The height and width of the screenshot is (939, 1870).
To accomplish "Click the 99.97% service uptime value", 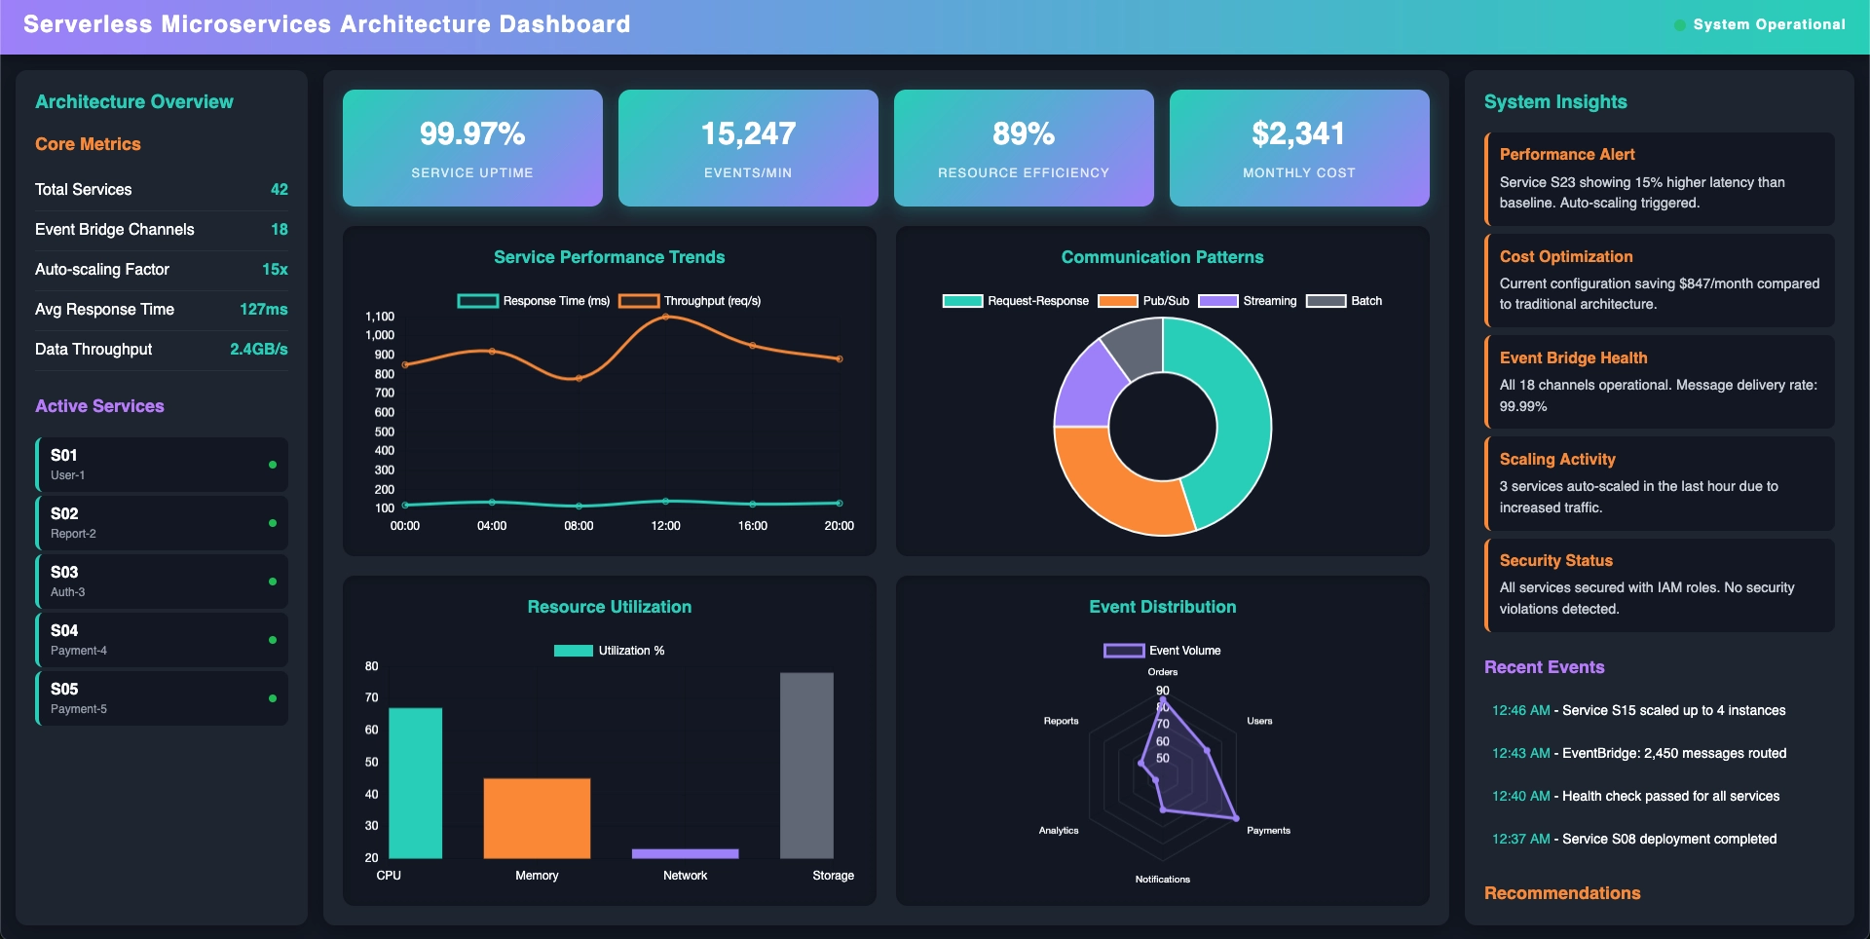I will [x=472, y=133].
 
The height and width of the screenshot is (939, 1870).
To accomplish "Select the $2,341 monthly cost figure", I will [x=1298, y=133].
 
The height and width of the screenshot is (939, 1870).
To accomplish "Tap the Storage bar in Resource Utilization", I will [x=806, y=765].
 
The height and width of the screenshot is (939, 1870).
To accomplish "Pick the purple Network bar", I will [x=685, y=853].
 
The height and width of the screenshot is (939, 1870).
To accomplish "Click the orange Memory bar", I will [x=537, y=818].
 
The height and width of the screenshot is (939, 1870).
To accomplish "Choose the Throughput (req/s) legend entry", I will [x=690, y=301].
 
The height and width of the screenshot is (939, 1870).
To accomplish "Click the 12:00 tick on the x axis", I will [x=665, y=526].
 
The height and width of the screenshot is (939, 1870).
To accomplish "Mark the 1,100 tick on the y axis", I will [x=380, y=317].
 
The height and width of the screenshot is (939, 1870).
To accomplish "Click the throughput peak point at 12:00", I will [x=665, y=317].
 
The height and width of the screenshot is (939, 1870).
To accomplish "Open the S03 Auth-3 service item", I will [x=162, y=582].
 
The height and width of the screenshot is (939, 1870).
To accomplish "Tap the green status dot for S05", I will [x=273, y=698].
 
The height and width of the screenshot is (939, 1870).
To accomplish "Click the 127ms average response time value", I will [x=263, y=310].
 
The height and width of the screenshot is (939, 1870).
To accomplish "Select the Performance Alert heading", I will [x=1567, y=154].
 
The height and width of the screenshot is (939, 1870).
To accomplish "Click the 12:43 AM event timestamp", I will [x=1520, y=753].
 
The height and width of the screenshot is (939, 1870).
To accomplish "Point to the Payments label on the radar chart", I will [x=1268, y=831].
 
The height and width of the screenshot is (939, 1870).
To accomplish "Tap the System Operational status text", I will [x=1769, y=24].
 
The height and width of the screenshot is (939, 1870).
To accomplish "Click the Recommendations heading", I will [x=1562, y=893].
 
